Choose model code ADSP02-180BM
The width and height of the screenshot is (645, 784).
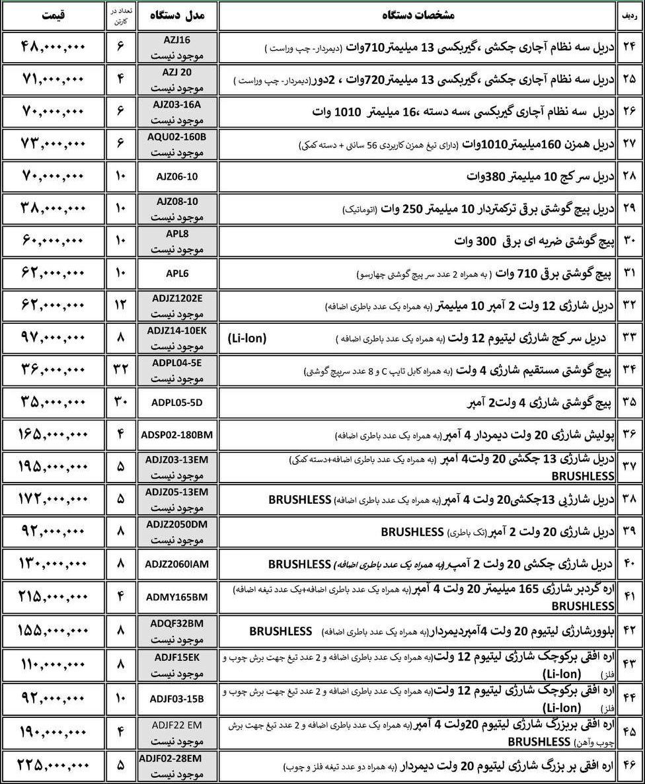point(176,435)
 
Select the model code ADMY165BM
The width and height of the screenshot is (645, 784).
point(176,597)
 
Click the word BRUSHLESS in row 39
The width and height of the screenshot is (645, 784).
point(412,532)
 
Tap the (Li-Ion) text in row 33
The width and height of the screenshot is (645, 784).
point(248,338)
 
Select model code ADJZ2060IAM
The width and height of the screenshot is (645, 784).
point(176,564)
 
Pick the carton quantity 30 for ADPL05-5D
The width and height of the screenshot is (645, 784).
point(120,403)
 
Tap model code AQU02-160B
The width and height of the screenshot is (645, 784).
point(176,137)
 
